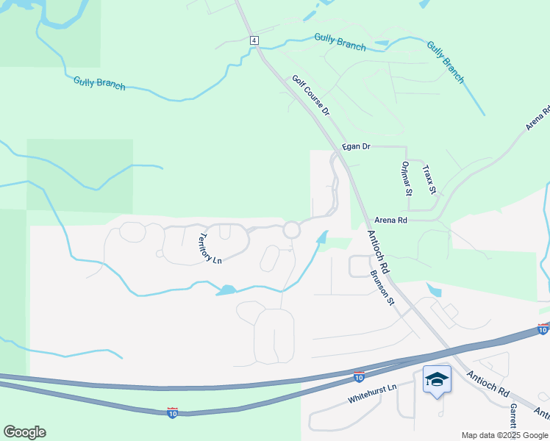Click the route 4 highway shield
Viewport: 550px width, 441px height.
(x=254, y=40)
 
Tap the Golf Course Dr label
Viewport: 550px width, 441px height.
(x=311, y=94)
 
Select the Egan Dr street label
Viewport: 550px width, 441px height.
(x=356, y=147)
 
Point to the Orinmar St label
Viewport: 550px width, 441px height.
(x=406, y=178)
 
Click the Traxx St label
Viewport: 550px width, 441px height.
(x=429, y=179)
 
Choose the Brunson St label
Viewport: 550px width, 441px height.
(x=382, y=288)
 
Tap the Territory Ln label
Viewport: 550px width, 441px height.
(x=210, y=248)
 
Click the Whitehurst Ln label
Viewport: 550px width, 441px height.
(x=372, y=397)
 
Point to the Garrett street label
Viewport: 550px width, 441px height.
(x=512, y=413)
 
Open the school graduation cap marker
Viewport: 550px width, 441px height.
(x=437, y=379)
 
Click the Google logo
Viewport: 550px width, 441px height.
(x=24, y=432)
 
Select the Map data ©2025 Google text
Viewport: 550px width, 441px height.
(x=504, y=435)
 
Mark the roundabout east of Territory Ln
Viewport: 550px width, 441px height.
(x=292, y=230)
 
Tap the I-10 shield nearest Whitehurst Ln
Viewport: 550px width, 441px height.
(x=358, y=376)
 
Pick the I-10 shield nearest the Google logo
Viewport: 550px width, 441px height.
(x=173, y=413)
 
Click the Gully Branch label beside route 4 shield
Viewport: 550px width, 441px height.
(x=340, y=42)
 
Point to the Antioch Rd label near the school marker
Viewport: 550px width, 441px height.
(x=488, y=384)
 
